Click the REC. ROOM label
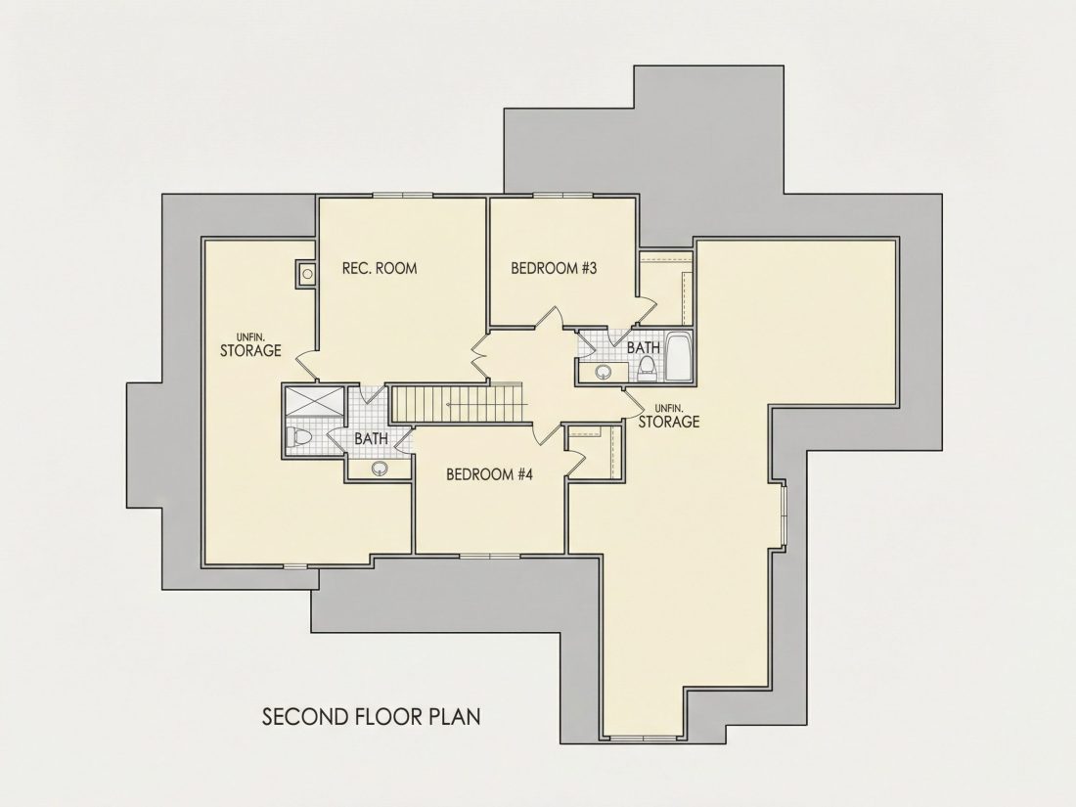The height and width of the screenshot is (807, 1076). tap(380, 268)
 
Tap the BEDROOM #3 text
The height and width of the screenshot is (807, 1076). tap(554, 268)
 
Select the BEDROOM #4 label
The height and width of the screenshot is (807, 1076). tap(489, 474)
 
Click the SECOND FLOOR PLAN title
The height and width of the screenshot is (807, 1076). tap(372, 716)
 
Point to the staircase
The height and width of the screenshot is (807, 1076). tap(458, 403)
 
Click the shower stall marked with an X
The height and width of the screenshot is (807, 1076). tap(315, 401)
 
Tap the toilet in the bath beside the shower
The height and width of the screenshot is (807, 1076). tap(300, 435)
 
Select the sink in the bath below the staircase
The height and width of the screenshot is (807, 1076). tap(380, 470)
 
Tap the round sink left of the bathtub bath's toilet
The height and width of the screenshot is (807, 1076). tap(604, 372)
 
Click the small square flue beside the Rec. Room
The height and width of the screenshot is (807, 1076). tap(307, 274)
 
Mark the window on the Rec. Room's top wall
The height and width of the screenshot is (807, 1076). tap(403, 195)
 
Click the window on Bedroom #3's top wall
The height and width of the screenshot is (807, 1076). tap(562, 195)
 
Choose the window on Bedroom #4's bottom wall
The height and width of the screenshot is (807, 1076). tap(490, 555)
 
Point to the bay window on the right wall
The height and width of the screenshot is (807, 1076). tap(783, 514)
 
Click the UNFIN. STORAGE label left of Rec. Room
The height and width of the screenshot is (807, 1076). tap(250, 345)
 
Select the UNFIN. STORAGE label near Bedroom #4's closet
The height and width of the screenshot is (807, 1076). tap(669, 417)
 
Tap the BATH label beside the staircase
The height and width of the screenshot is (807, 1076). tap(372, 438)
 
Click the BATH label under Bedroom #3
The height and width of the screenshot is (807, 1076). tap(644, 348)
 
